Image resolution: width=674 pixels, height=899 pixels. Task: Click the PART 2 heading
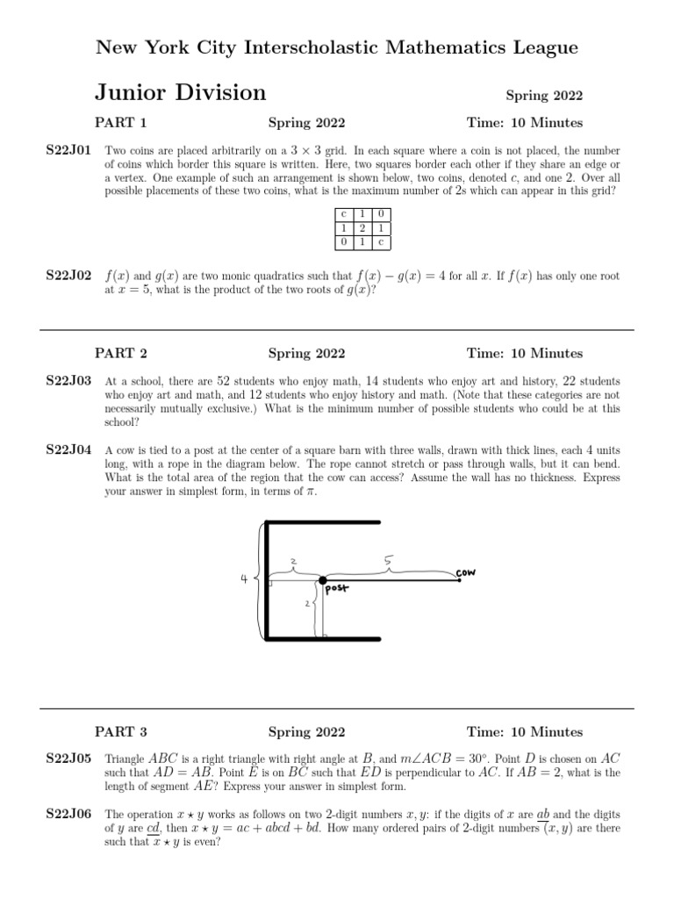click(x=121, y=354)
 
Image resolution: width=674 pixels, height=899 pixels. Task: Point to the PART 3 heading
click(x=121, y=732)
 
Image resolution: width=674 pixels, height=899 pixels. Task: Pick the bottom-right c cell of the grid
click(x=380, y=241)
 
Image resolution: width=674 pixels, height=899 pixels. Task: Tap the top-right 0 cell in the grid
click(x=380, y=214)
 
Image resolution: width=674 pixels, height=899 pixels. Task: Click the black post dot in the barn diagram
click(x=323, y=580)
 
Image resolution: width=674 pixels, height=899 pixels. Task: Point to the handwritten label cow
click(x=466, y=572)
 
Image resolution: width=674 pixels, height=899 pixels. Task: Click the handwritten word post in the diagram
click(x=337, y=590)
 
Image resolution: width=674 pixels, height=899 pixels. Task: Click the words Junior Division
click(x=180, y=93)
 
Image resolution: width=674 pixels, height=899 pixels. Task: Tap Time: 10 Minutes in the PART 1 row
click(x=524, y=123)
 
